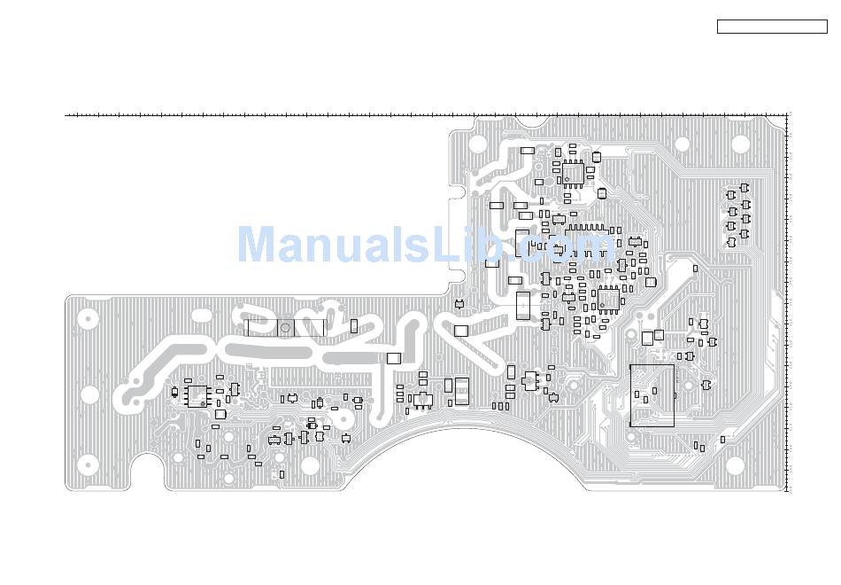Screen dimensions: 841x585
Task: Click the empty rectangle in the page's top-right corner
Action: coord(771,27)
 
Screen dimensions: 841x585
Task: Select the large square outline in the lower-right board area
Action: coord(652,395)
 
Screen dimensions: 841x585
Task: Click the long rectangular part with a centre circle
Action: coord(284,328)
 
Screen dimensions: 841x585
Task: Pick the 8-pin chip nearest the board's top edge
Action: coord(574,173)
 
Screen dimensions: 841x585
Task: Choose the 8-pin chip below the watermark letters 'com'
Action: coord(608,299)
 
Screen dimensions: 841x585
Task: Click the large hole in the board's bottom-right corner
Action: coord(735,464)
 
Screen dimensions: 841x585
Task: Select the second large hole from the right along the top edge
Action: coord(682,144)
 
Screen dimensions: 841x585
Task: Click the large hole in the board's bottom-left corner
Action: coord(88,464)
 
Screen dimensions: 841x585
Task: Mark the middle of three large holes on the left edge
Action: coord(89,394)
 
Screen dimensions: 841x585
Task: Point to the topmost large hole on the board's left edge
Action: coord(89,316)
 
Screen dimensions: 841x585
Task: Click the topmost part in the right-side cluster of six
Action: coord(745,188)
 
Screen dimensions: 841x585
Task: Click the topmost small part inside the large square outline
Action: coord(654,390)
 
